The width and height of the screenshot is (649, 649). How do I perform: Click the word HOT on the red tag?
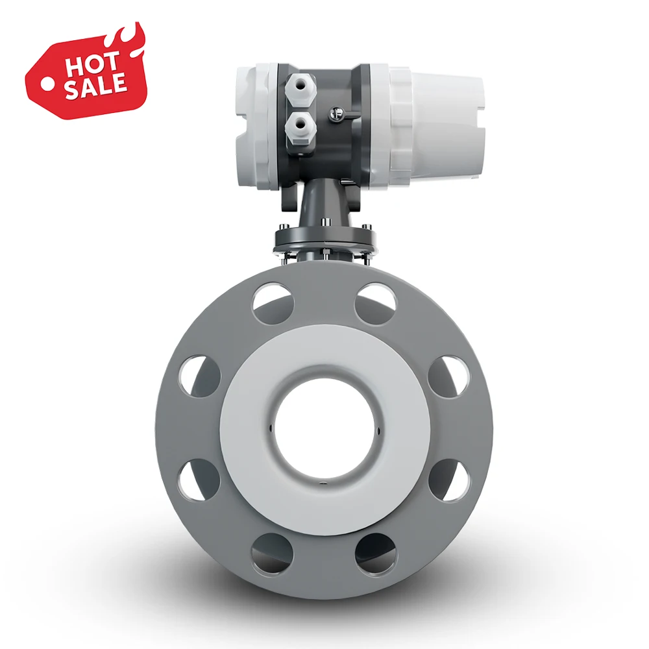point(92,65)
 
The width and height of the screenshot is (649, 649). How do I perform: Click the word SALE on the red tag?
point(95,87)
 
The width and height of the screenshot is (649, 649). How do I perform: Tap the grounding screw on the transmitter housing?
point(336,114)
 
